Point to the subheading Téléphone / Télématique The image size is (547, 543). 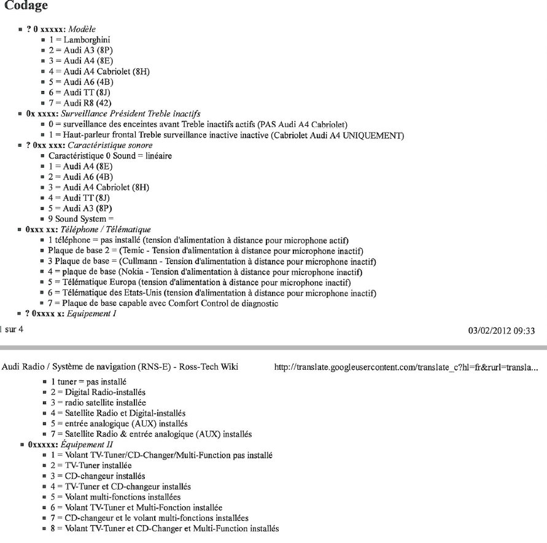click(x=107, y=230)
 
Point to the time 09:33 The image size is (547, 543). click(x=525, y=331)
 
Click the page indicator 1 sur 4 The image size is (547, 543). click(x=11, y=330)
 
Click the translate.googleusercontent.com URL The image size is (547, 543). click(x=406, y=367)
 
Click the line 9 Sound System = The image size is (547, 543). click(x=81, y=219)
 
